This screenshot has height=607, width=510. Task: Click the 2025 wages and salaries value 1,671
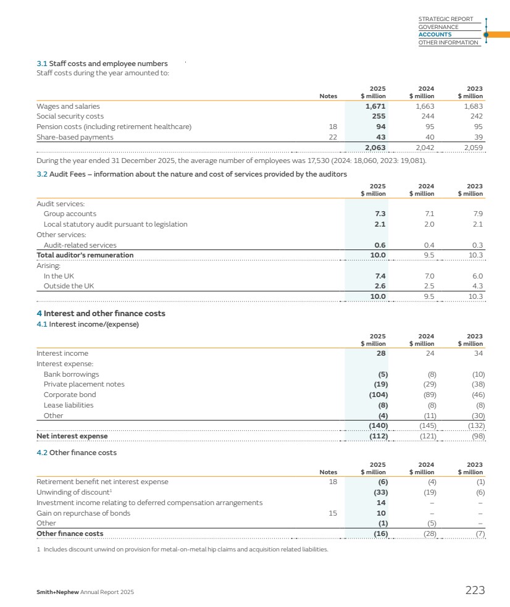(375, 106)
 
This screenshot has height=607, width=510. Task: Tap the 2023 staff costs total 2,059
(472, 148)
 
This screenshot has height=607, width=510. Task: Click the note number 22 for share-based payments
(333, 137)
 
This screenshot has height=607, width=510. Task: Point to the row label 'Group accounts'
(70, 214)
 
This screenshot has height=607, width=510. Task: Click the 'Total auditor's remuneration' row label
(85, 255)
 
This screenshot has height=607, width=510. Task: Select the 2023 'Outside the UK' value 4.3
(477, 286)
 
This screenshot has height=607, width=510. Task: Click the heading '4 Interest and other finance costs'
(101, 314)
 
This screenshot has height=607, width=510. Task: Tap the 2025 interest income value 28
(381, 353)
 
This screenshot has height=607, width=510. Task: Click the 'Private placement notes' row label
(84, 384)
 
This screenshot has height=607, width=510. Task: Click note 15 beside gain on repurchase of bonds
(333, 513)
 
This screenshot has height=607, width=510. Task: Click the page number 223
(475, 590)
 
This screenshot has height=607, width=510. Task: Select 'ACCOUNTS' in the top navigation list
(435, 35)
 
